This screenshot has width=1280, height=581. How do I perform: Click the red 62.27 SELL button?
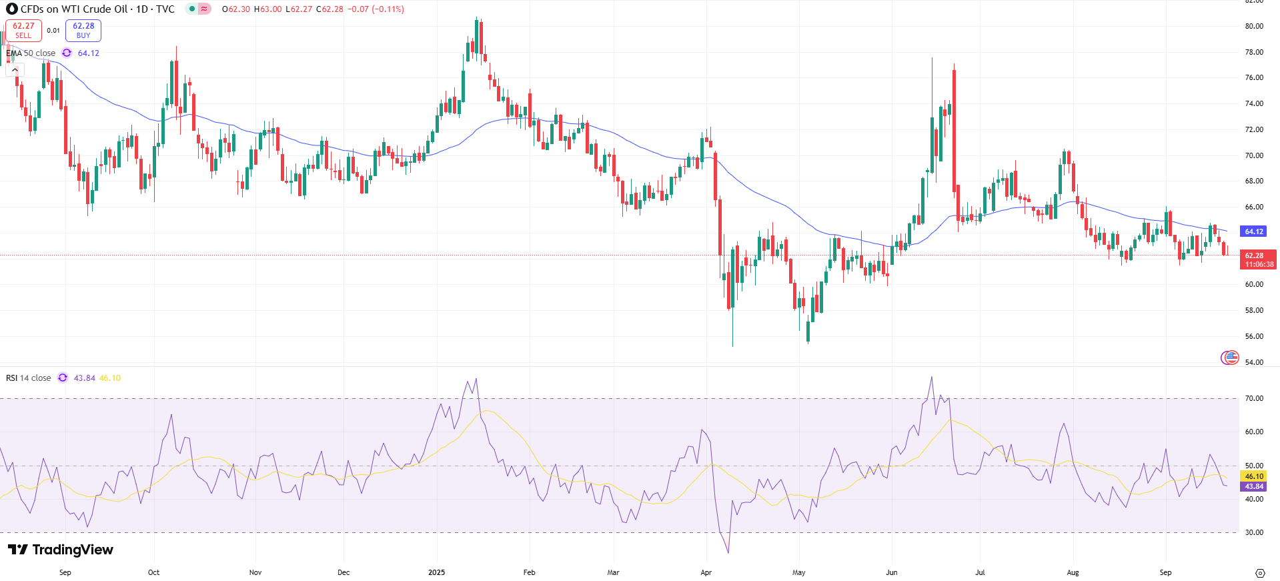point(23,31)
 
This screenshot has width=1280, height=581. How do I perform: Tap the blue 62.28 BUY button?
point(83,31)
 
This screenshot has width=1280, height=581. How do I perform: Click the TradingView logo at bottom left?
point(61,550)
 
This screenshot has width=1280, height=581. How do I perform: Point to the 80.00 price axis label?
point(1254,26)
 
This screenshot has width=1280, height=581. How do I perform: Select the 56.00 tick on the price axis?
point(1254,336)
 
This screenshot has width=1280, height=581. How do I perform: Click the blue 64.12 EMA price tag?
point(1254,231)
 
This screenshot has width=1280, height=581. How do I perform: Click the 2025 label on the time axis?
point(437,572)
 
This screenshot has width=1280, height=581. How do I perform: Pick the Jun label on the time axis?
point(892,572)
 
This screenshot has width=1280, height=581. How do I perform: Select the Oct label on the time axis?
point(154,572)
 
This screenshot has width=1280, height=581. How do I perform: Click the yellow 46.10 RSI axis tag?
point(1254,476)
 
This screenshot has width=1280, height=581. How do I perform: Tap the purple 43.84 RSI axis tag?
point(1254,486)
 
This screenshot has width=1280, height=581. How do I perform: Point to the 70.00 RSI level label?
point(1254,398)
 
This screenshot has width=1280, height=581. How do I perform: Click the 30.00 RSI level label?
point(1254,532)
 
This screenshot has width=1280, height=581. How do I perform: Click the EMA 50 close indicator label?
point(31,53)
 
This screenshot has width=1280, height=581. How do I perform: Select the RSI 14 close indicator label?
point(29,378)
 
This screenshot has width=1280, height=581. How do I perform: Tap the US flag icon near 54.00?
point(1229,358)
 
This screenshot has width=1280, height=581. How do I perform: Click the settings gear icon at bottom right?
point(1260,573)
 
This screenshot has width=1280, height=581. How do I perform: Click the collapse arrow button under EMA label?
point(15,69)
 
